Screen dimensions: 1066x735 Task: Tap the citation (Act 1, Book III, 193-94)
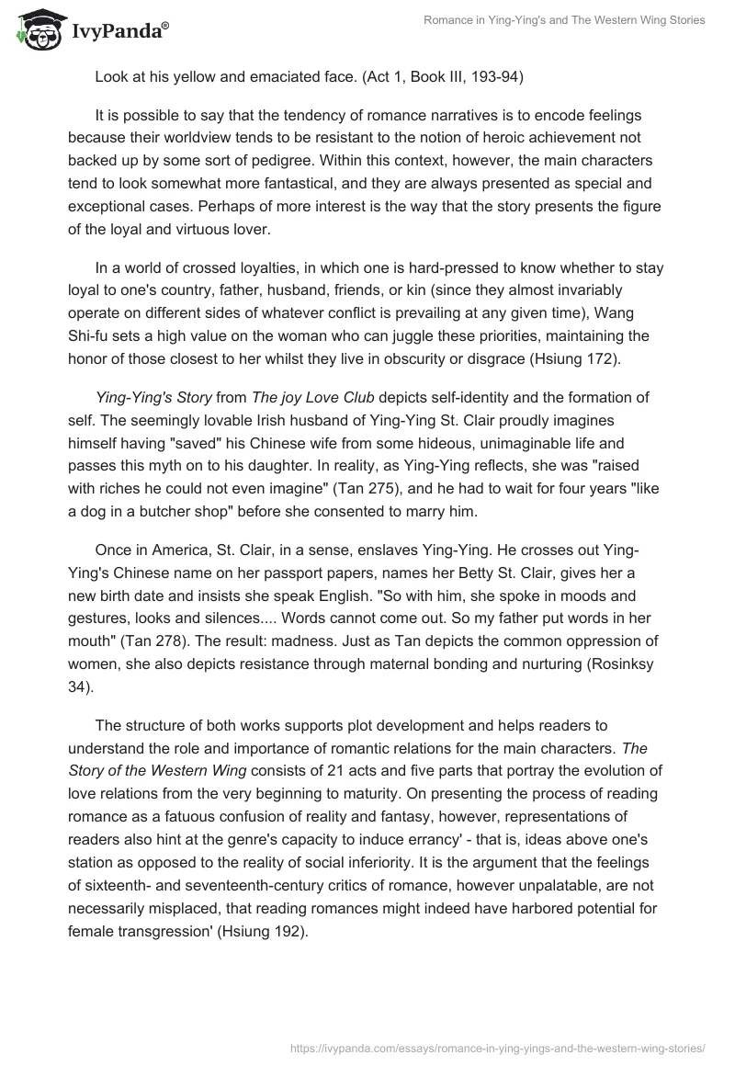(x=438, y=77)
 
